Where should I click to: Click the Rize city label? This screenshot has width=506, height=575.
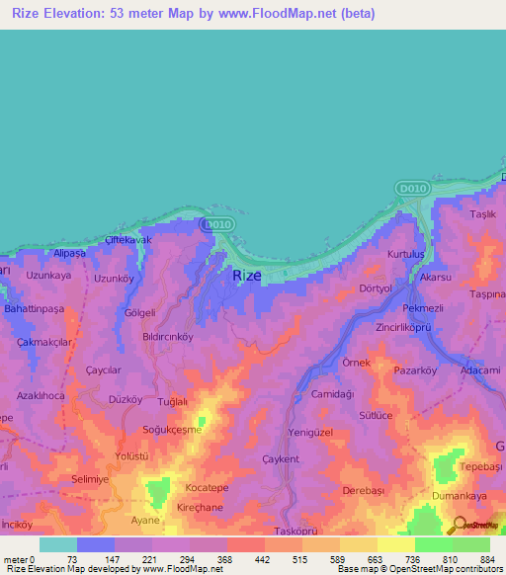[247, 277]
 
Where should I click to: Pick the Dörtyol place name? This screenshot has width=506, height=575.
[377, 288]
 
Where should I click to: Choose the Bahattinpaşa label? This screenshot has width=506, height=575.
[34, 309]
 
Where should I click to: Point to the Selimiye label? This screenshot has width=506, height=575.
[63, 478]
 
